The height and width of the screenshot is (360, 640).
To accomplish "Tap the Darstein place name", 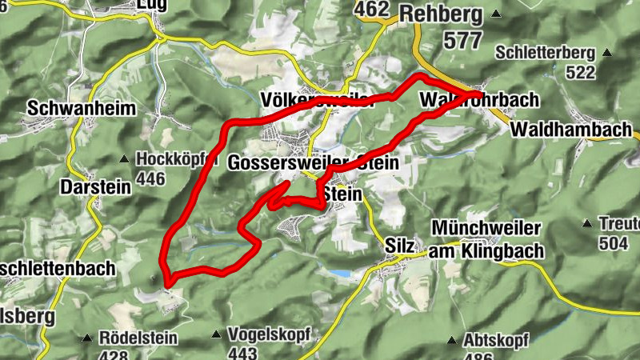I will coord(95,186).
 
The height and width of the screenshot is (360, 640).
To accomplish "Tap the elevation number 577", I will coord(453,40).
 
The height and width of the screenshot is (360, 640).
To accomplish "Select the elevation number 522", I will coord(580,73).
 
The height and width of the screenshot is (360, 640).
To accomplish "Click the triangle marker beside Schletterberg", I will coord(607,54).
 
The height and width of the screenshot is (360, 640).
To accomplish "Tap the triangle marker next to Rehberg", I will coord(497,14).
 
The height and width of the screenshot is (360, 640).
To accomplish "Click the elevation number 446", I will coord(151,178).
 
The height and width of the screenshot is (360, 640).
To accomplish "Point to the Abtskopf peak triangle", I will coord(451,340).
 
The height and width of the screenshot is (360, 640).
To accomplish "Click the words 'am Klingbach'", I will coord(486,251).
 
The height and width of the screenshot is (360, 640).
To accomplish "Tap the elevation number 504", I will coord(613,243).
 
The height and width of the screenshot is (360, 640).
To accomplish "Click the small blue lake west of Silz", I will coord(342,274).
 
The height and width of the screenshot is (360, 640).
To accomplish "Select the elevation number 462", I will coord(373,10).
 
